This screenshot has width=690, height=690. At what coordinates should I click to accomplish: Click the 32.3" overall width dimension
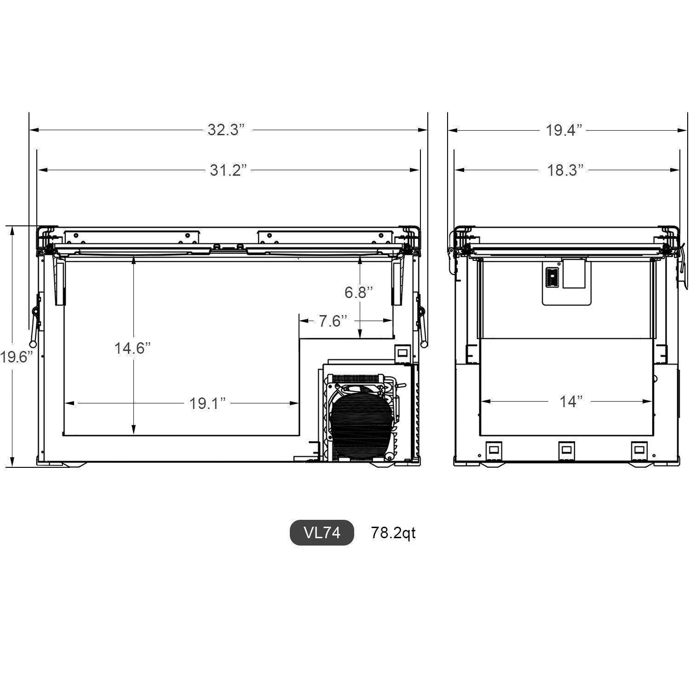223,130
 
